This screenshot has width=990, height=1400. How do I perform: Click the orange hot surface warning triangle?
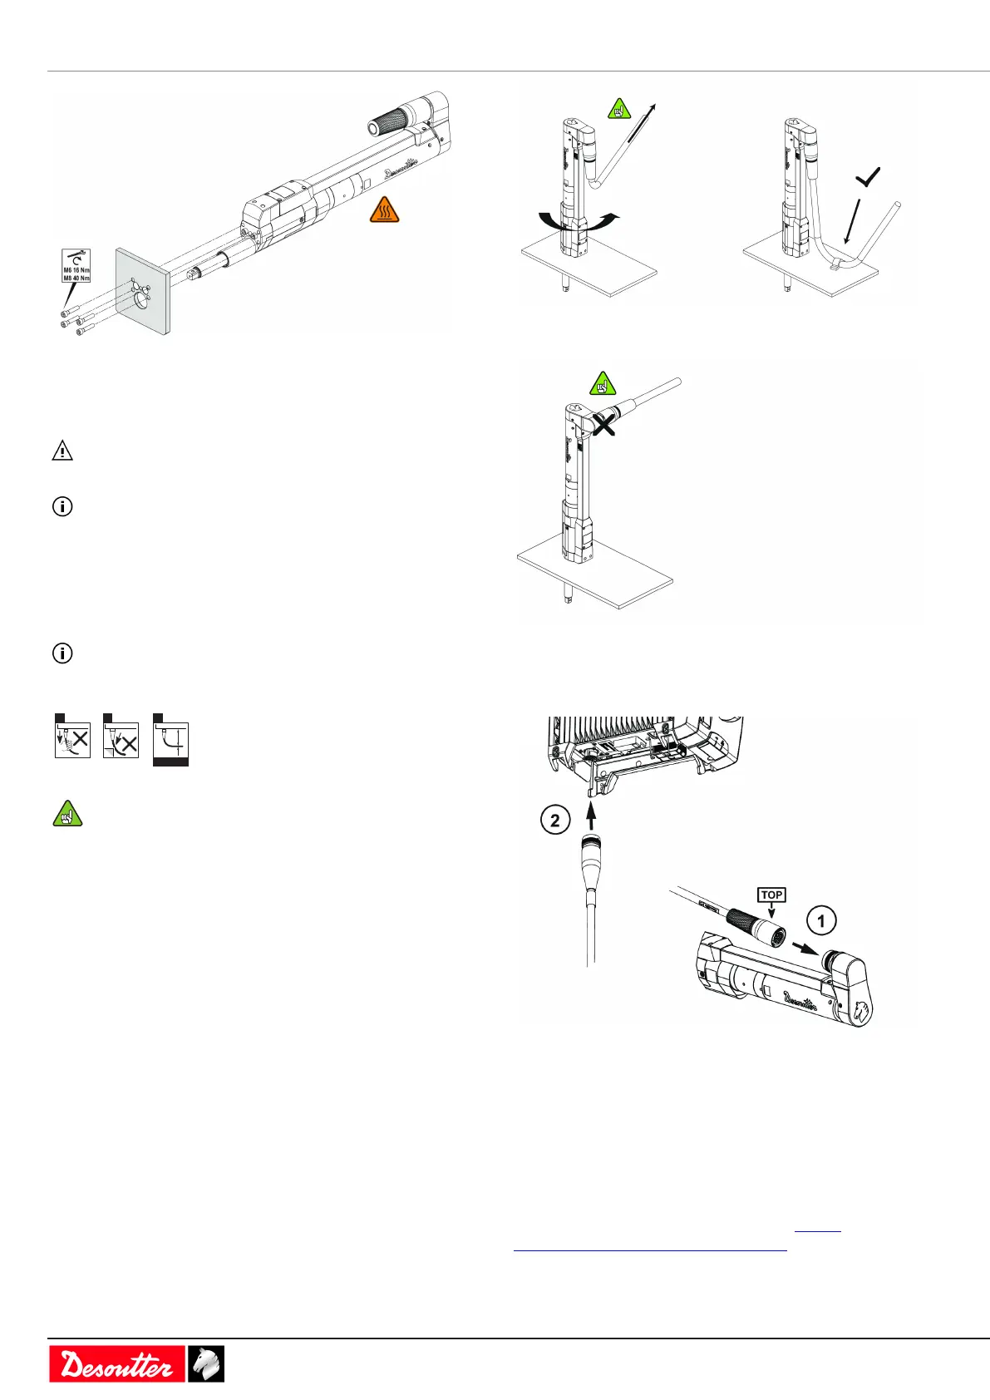[x=384, y=210]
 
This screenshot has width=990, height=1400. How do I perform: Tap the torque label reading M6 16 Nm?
[x=76, y=270]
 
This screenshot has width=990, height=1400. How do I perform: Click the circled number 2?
[x=554, y=821]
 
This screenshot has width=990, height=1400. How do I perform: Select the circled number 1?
[x=821, y=920]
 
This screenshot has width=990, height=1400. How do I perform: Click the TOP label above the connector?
[x=771, y=895]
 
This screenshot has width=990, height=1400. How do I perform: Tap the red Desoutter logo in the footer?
[x=116, y=1363]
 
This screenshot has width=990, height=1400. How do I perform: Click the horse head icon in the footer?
[x=205, y=1363]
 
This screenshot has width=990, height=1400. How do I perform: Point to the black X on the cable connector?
[x=603, y=424]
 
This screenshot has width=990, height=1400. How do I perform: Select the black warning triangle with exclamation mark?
[x=62, y=451]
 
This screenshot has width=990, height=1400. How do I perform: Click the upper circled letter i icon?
[x=62, y=506]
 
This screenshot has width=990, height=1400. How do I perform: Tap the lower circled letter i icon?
[x=62, y=653]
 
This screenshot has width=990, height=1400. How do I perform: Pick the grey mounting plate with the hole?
[x=143, y=291]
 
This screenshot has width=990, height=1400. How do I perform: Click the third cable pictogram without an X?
[x=171, y=742]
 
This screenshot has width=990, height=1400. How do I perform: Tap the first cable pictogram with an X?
[x=72, y=738]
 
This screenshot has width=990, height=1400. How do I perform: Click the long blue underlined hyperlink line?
[x=650, y=1249]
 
